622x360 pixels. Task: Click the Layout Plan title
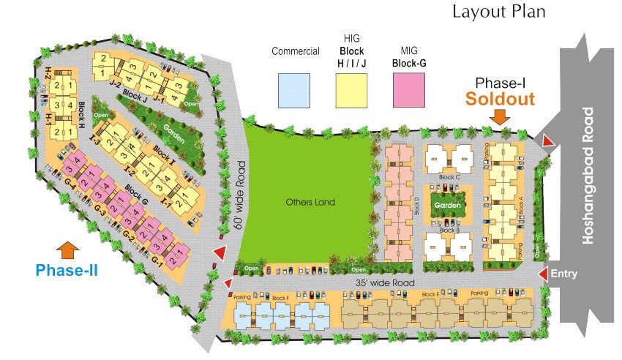498,12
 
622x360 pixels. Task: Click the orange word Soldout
501,99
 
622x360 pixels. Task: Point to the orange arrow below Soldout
501,117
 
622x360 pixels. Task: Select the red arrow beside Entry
543,274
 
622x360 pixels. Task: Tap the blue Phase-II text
67,270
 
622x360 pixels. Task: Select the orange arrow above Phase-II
67,250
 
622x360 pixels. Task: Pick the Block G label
136,192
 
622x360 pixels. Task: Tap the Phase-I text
501,82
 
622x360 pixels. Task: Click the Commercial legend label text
295,51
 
